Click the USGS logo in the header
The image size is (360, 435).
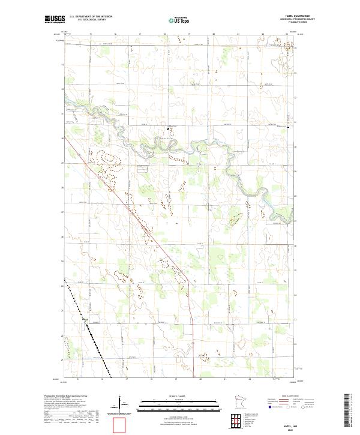(55, 19)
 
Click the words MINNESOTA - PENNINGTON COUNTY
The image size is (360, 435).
(283, 19)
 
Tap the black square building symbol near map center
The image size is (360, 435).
(168, 128)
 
